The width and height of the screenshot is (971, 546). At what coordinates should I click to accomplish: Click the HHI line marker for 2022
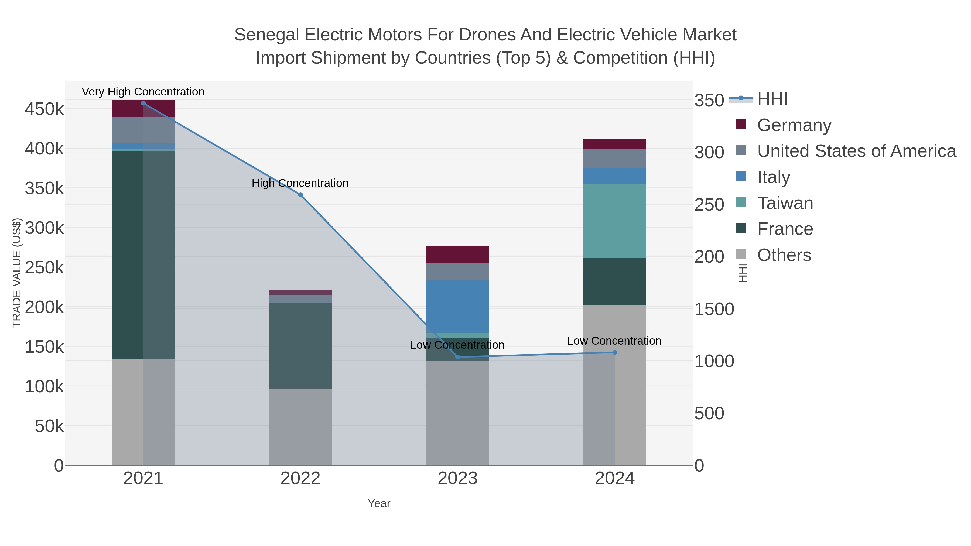300,195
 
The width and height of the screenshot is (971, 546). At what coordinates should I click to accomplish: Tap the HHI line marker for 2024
614,352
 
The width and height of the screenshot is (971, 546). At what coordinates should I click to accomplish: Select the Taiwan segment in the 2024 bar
614,221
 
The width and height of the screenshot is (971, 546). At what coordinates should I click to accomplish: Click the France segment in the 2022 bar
300,346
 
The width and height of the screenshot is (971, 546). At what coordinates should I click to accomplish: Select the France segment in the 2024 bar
614,281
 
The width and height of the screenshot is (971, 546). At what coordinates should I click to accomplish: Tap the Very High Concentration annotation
143,92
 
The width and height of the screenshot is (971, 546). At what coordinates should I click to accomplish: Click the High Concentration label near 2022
300,183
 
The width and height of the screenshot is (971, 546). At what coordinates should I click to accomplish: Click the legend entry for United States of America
856,151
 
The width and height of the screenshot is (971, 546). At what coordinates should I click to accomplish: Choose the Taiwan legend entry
785,203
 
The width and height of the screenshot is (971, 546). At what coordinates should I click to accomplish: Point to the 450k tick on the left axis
44,109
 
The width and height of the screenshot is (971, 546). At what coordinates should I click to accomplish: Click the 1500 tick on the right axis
714,309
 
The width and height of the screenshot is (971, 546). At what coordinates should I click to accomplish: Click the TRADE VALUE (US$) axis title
17,273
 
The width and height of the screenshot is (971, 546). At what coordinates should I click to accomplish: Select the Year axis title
379,503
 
